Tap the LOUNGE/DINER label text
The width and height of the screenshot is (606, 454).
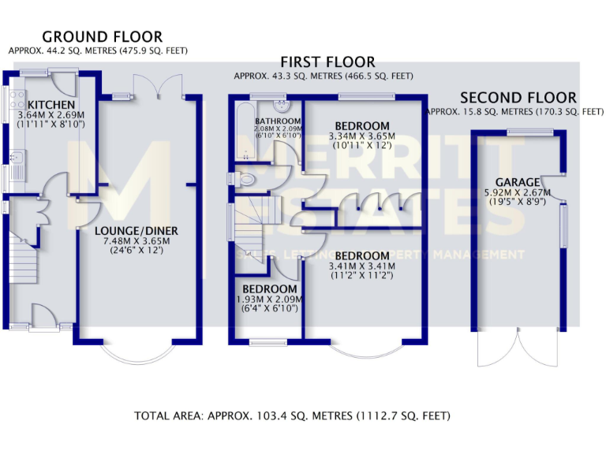coord(137,231)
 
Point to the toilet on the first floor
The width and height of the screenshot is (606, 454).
coord(245,180)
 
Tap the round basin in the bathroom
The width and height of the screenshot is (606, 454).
coord(281,106)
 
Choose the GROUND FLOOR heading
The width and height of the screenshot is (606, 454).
coord(102,36)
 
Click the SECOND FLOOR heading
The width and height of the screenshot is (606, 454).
coord(518,97)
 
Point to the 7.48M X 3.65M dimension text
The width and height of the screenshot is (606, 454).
coord(137,241)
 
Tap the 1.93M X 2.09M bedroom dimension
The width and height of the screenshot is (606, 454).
coord(269,299)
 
